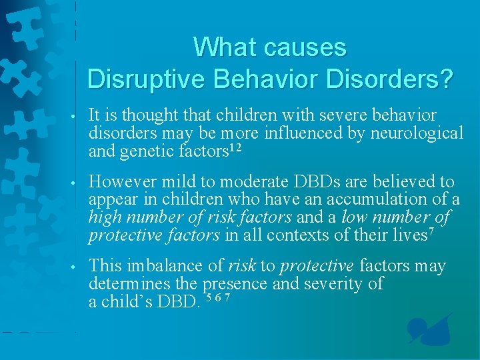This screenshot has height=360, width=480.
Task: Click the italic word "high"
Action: [x=105, y=217]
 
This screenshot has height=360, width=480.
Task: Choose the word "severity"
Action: [x=343, y=283]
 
